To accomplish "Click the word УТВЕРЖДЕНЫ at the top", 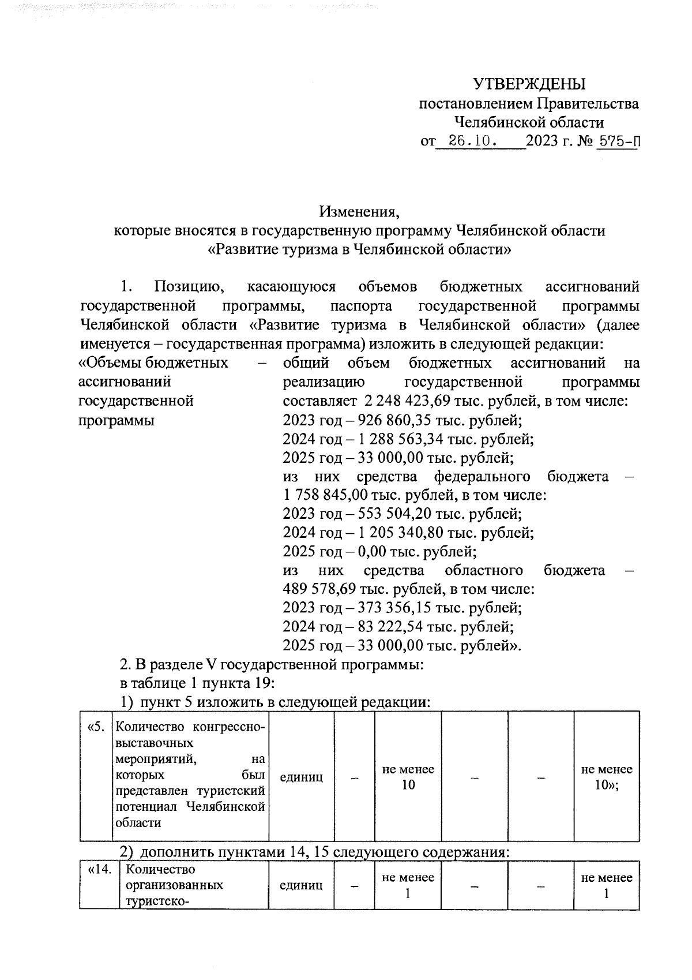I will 529,84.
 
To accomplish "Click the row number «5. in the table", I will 96,727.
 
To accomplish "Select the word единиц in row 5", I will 301,777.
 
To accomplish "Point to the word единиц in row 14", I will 301,885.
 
